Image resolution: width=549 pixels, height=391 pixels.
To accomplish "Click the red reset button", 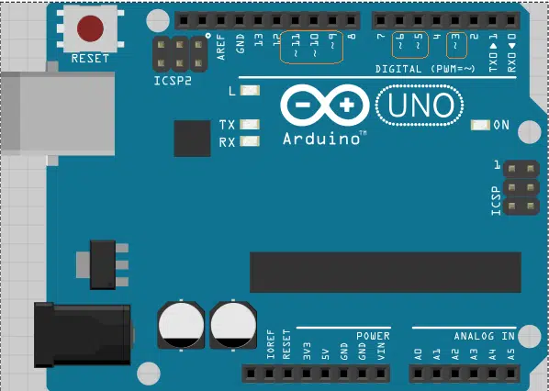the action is click(90, 28).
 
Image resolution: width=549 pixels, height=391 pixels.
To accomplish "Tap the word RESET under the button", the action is click(90, 59).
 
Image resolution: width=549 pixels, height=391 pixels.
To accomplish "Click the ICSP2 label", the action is click(173, 81).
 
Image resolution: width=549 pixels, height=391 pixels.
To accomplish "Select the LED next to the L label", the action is click(250, 91).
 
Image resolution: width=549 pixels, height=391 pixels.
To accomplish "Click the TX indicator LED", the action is click(250, 124).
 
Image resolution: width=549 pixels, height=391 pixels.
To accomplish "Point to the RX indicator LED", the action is click(250, 141).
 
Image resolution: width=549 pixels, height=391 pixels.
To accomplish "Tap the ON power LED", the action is click(480, 125).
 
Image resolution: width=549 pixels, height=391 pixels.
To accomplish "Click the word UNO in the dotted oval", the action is click(420, 105).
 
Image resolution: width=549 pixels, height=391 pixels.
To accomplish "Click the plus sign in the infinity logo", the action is click(347, 105).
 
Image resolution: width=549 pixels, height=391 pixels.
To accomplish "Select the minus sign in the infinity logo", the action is click(303, 104).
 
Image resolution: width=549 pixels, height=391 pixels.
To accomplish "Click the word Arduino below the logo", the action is click(321, 139).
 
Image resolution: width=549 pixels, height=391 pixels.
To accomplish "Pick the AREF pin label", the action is click(221, 47).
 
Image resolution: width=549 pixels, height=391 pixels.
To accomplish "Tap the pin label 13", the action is click(259, 39).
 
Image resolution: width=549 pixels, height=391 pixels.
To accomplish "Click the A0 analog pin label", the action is click(418, 354).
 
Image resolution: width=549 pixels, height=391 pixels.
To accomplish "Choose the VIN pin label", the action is click(381, 352).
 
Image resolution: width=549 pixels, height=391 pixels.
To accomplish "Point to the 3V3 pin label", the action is click(307, 352).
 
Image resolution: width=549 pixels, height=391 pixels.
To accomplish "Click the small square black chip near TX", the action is click(192, 139).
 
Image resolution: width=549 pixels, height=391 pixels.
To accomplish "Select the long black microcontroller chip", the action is click(386, 272).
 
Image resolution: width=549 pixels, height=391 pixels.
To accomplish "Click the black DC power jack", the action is click(83, 335).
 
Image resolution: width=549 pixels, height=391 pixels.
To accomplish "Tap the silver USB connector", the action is click(58, 114).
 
